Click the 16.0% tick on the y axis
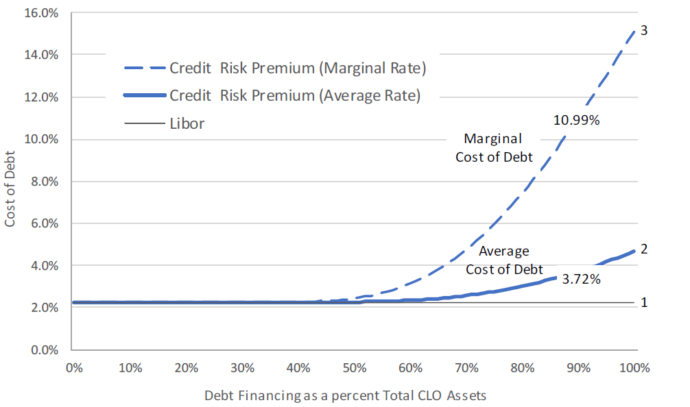coord(43,12)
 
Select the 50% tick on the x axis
coord(355,367)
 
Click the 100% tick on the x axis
coord(634,367)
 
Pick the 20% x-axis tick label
coord(187,367)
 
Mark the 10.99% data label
coord(576,121)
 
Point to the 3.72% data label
coord(581,279)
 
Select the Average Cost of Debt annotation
coord(504,260)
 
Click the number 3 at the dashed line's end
coord(643,31)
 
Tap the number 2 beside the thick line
coord(643,249)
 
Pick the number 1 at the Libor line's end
coord(643,302)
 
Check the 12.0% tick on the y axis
coord(43,97)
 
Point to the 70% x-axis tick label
coord(466,367)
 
